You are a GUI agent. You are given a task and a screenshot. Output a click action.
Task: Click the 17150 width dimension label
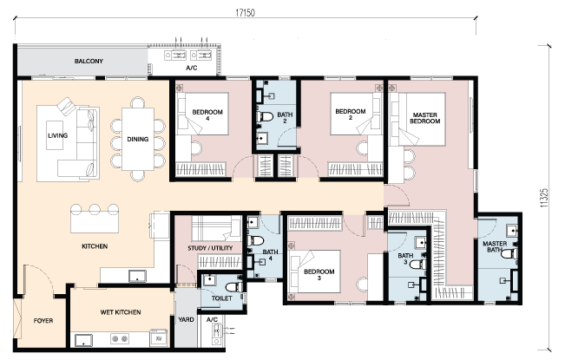(245, 13)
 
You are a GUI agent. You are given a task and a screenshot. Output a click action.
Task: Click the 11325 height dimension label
(544, 198)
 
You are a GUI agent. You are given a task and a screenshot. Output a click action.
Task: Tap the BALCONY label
(89, 62)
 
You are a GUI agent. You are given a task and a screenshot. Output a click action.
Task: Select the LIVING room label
(57, 135)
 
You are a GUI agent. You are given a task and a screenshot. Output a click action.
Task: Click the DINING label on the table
(138, 140)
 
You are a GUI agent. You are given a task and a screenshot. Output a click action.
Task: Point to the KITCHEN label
(95, 246)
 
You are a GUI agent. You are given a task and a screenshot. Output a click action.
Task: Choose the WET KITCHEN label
(121, 312)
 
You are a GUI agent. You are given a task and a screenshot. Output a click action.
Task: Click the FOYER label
(43, 321)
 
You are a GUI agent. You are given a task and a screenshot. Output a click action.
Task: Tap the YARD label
(186, 319)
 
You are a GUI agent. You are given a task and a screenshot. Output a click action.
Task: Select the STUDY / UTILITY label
(210, 248)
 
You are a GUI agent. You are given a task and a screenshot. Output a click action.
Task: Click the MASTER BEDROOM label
(424, 118)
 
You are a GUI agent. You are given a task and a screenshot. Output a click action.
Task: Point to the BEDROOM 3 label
(319, 275)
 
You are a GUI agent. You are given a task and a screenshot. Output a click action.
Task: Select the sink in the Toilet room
(209, 280)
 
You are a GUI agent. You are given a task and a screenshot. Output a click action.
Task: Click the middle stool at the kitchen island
(95, 209)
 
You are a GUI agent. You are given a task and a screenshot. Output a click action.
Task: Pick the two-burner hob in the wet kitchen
(120, 338)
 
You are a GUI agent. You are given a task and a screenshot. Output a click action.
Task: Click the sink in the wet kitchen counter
(83, 341)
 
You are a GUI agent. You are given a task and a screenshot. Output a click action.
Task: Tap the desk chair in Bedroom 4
(196, 147)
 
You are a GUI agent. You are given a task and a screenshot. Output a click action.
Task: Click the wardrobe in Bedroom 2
(355, 169)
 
